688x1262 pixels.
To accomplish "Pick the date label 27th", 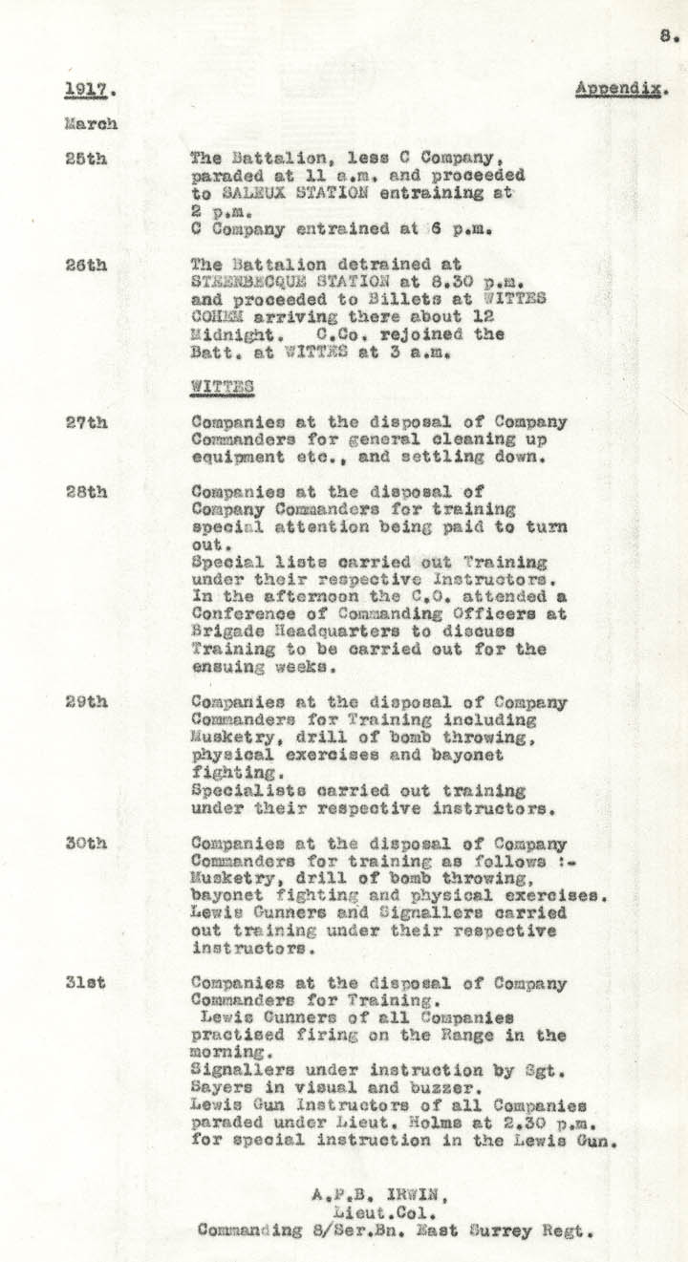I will (86, 421).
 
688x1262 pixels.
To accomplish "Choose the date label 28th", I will (86, 492).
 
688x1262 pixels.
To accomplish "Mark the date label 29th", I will (86, 702).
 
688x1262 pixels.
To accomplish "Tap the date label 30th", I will (86, 844).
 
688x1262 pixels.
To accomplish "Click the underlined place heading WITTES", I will (222, 387).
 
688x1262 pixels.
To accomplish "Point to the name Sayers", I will (219, 1089).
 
